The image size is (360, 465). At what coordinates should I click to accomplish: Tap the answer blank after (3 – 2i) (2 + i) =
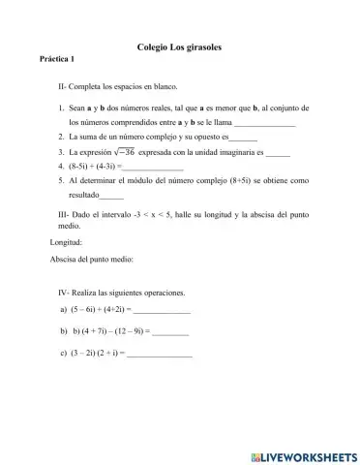tap(159, 354)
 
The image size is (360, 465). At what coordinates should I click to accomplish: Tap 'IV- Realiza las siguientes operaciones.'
tap(121, 292)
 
